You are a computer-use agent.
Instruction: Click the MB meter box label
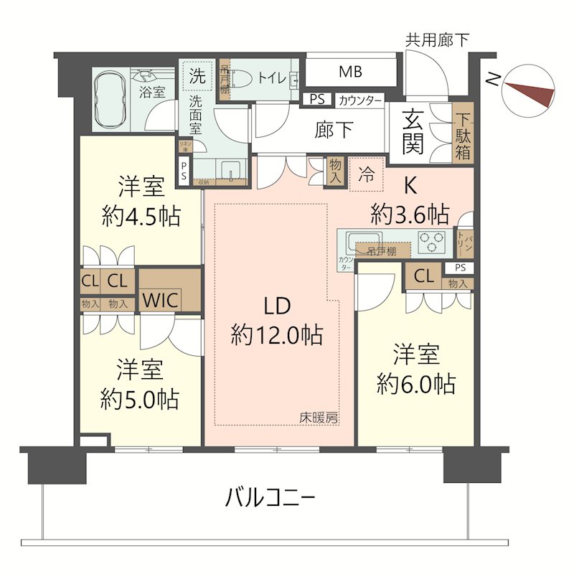tap(351, 72)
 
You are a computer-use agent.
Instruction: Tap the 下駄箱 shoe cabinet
tap(463, 133)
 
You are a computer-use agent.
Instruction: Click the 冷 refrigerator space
tap(366, 175)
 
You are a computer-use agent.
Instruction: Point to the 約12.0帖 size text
tap(276, 334)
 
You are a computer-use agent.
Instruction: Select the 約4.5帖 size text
tap(141, 216)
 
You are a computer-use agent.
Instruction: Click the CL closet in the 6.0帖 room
tap(423, 276)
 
